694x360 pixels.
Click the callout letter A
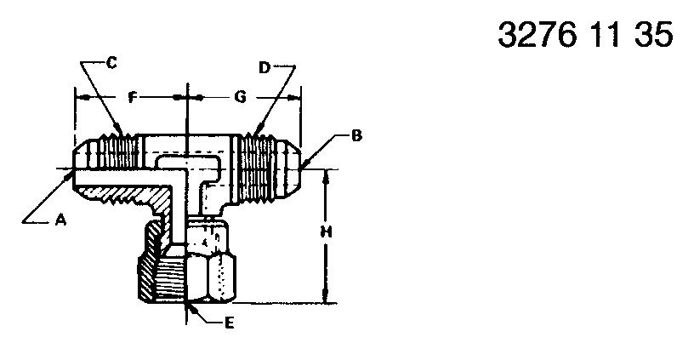(60, 220)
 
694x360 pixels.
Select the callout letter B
(356, 136)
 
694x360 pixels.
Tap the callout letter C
(111, 63)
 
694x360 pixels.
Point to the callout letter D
(265, 68)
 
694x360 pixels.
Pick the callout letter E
(229, 323)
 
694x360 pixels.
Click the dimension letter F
(132, 97)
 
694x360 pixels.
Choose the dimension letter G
(240, 97)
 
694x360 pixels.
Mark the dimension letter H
(327, 231)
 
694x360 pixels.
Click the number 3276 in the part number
(538, 35)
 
